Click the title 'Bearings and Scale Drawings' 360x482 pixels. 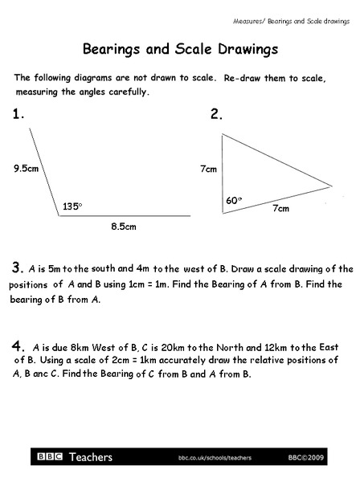click(180, 49)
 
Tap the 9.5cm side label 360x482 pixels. click(26, 169)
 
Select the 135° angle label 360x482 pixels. click(72, 206)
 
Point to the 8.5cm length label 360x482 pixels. click(123, 227)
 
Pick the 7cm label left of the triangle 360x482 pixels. click(208, 170)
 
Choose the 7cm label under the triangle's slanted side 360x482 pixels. click(280, 208)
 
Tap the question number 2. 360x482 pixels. click(216, 115)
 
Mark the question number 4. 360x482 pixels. click(18, 346)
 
